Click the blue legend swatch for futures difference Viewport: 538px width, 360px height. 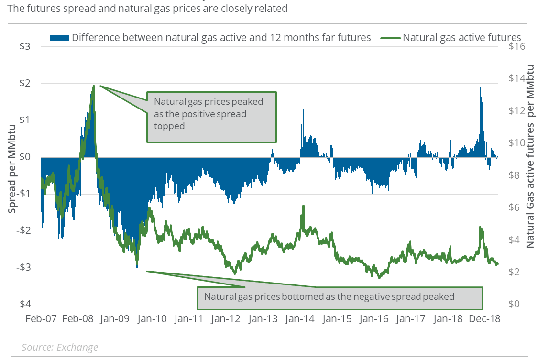59,37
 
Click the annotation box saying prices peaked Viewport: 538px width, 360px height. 211,117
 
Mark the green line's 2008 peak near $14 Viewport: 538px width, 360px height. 93,86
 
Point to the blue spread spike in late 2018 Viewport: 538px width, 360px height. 480,89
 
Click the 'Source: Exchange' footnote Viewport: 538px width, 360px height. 60,348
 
